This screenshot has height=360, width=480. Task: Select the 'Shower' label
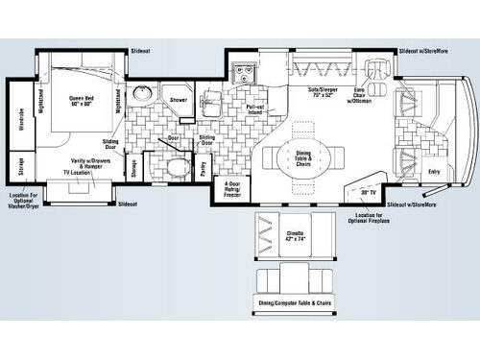coord(180,99)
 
